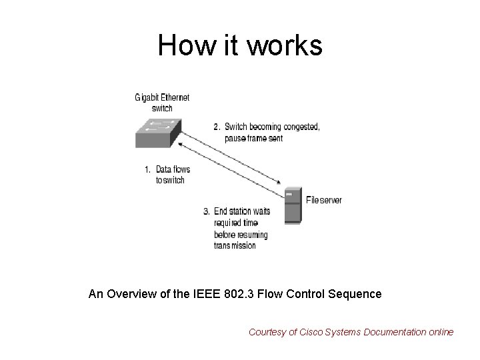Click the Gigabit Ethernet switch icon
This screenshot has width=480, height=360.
click(x=157, y=132)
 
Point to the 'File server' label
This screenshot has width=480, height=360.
click(x=323, y=200)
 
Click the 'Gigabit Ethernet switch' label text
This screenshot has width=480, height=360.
click(x=162, y=102)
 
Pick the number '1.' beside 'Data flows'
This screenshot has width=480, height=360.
click(x=149, y=169)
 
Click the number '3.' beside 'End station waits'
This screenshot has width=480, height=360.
click(x=207, y=212)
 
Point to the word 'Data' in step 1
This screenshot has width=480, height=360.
click(x=164, y=169)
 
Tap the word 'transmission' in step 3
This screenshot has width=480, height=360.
click(x=235, y=245)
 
